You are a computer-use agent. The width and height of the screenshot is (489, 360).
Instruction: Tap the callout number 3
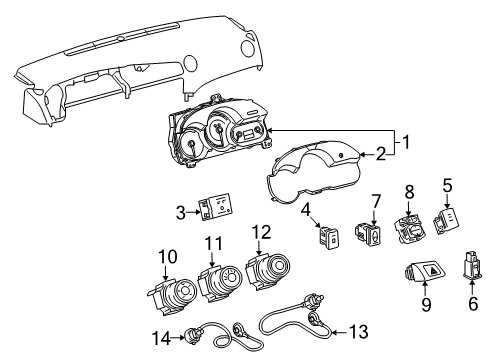point(180,213)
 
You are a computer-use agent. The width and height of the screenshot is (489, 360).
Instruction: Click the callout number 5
point(447,184)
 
